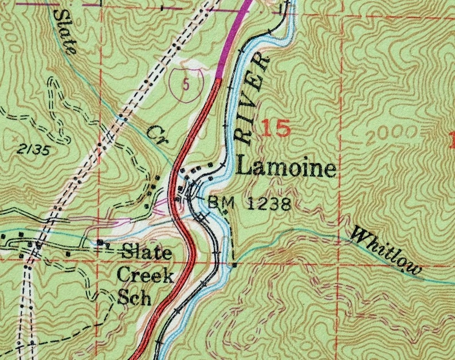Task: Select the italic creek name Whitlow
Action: (x=386, y=250)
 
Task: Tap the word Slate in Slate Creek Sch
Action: (x=147, y=253)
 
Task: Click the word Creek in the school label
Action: (x=146, y=276)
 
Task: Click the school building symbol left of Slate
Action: (x=101, y=243)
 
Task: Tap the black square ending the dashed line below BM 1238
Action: (x=234, y=265)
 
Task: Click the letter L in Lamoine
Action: (x=244, y=168)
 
